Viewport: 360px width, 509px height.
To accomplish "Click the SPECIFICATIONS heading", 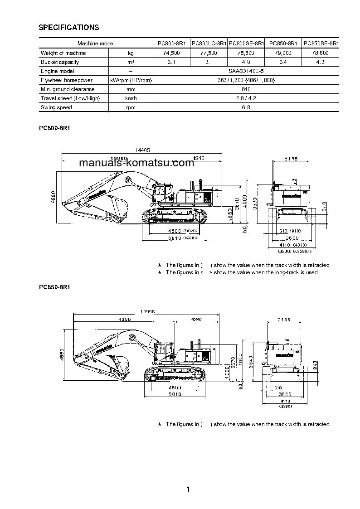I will click(x=69, y=28).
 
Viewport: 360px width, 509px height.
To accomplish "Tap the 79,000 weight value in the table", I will click(x=283, y=53).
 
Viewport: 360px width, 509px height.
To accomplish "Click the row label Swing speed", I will click(x=56, y=107).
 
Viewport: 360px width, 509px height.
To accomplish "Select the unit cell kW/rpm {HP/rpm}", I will click(x=131, y=80).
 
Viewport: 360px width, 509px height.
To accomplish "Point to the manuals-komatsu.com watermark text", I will click(x=136, y=163).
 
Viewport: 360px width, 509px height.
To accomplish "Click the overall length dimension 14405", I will click(x=142, y=150).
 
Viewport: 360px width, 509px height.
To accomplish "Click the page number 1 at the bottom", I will click(x=188, y=489).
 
